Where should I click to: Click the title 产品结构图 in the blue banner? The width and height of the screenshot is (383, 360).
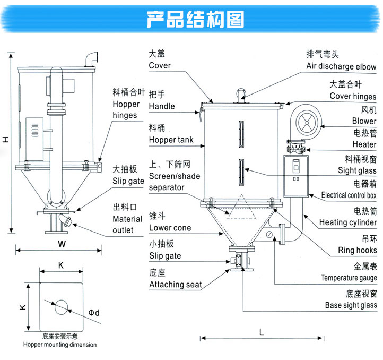pos(195,19)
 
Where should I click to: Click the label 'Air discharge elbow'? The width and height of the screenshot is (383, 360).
pos(341,67)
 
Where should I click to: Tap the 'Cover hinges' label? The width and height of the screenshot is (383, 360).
pos(353,96)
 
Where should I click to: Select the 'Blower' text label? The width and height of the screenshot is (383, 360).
pos(364,121)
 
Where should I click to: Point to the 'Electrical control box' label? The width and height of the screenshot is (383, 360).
pos(349,195)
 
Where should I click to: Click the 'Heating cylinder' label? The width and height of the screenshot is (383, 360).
pos(347,223)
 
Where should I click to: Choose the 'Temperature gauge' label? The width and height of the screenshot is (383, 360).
pos(349,278)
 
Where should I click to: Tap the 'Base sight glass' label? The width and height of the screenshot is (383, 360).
pos(351,305)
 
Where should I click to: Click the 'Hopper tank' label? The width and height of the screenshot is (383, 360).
pos(171,140)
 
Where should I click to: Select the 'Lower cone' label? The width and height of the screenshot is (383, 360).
pos(170,228)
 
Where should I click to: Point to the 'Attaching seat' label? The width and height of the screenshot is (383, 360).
pos(175,285)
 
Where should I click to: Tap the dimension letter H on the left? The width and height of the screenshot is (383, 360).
pos(5,140)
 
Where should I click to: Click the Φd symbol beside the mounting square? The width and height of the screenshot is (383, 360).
pos(94,313)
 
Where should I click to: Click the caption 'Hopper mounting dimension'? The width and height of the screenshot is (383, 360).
pos(60,345)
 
